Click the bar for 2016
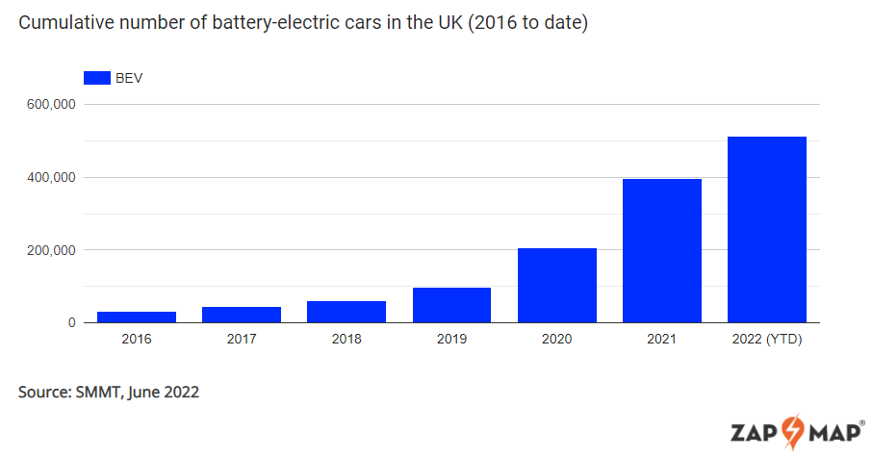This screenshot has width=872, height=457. (x=136, y=317)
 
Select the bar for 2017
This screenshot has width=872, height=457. (x=242, y=315)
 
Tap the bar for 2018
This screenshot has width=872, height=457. (x=346, y=312)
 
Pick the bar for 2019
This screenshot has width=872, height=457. (x=451, y=305)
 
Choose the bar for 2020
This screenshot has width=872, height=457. (x=556, y=285)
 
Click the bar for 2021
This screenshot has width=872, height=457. (x=662, y=250)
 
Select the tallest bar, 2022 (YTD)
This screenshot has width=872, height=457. (x=767, y=229)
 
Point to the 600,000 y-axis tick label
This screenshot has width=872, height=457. (x=51, y=105)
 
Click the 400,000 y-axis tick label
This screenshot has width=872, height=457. (x=51, y=178)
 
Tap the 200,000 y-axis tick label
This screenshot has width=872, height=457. (x=51, y=250)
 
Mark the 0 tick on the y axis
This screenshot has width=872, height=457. (x=72, y=323)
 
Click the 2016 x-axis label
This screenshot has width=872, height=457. (x=136, y=340)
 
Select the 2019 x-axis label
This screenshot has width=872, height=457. (x=451, y=340)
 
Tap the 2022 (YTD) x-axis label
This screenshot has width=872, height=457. (x=767, y=340)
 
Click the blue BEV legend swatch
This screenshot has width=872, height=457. (x=98, y=78)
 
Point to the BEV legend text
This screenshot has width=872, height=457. (x=130, y=78)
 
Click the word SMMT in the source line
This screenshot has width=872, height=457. (x=95, y=393)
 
